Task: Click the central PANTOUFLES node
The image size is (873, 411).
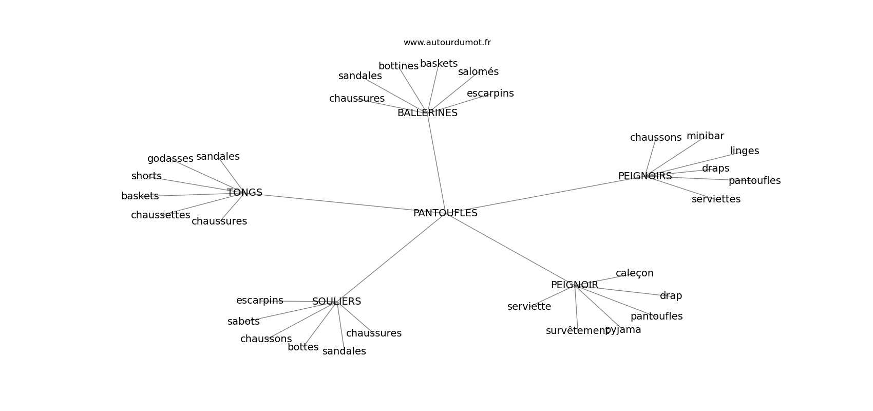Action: pos(445,213)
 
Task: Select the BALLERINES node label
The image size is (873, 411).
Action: pos(428,113)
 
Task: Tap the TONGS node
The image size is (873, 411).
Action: pos(245,192)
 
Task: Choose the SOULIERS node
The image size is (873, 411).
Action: pos(337,302)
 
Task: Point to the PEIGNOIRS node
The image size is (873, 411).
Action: pos(645,176)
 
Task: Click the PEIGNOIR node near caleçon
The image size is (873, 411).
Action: pos(575,285)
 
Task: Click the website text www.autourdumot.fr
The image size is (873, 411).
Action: pos(447,43)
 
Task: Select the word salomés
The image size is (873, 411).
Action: pos(478,72)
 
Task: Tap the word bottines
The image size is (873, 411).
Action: pos(398,66)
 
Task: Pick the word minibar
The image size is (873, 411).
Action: pos(705,136)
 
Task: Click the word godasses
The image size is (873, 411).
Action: pos(170,159)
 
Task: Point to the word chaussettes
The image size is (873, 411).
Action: pos(161,215)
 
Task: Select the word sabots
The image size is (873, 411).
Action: pos(243,321)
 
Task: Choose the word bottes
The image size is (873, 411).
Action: pos(303,347)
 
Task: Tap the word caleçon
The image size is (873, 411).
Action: pos(635,273)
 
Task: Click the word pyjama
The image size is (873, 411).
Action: pos(623,330)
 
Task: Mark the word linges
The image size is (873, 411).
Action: pos(745,151)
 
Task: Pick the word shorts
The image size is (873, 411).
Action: pos(146,176)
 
